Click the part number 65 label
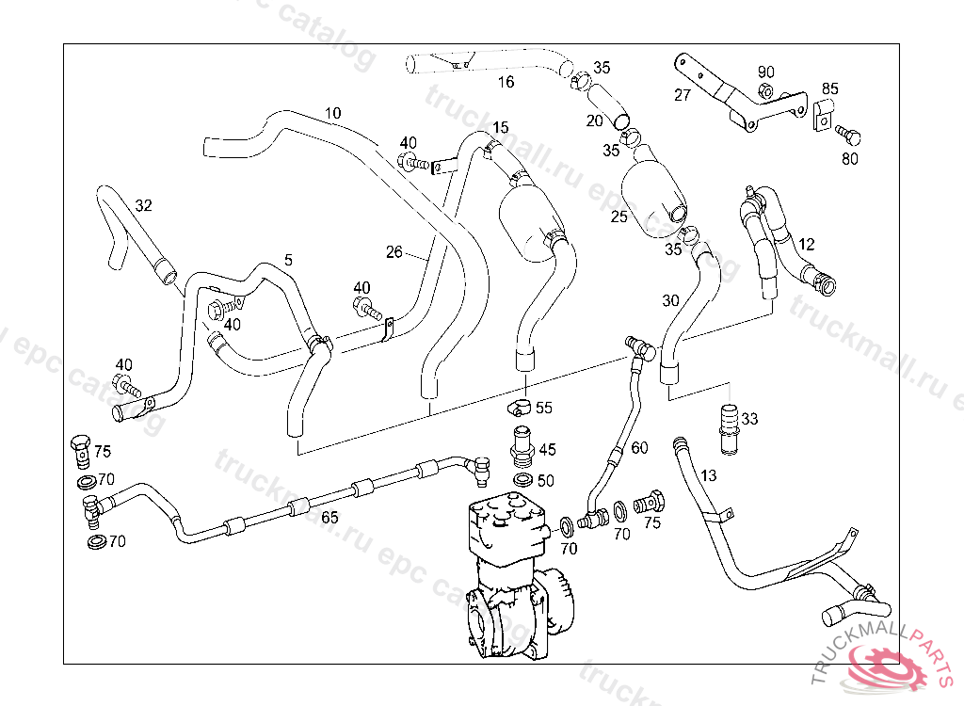[x=329, y=517]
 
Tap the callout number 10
[x=332, y=114]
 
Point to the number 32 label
[x=143, y=205]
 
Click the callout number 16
[x=506, y=82]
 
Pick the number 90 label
[x=765, y=72]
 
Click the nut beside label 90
[x=765, y=92]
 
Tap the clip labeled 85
[x=821, y=117]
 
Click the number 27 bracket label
[x=683, y=95]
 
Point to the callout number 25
[x=619, y=217]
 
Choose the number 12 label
[x=806, y=244]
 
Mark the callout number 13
[x=709, y=474]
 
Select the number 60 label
[x=639, y=448]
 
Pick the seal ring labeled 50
[x=521, y=481]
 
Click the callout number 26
[x=394, y=251]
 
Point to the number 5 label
[x=288, y=259]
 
